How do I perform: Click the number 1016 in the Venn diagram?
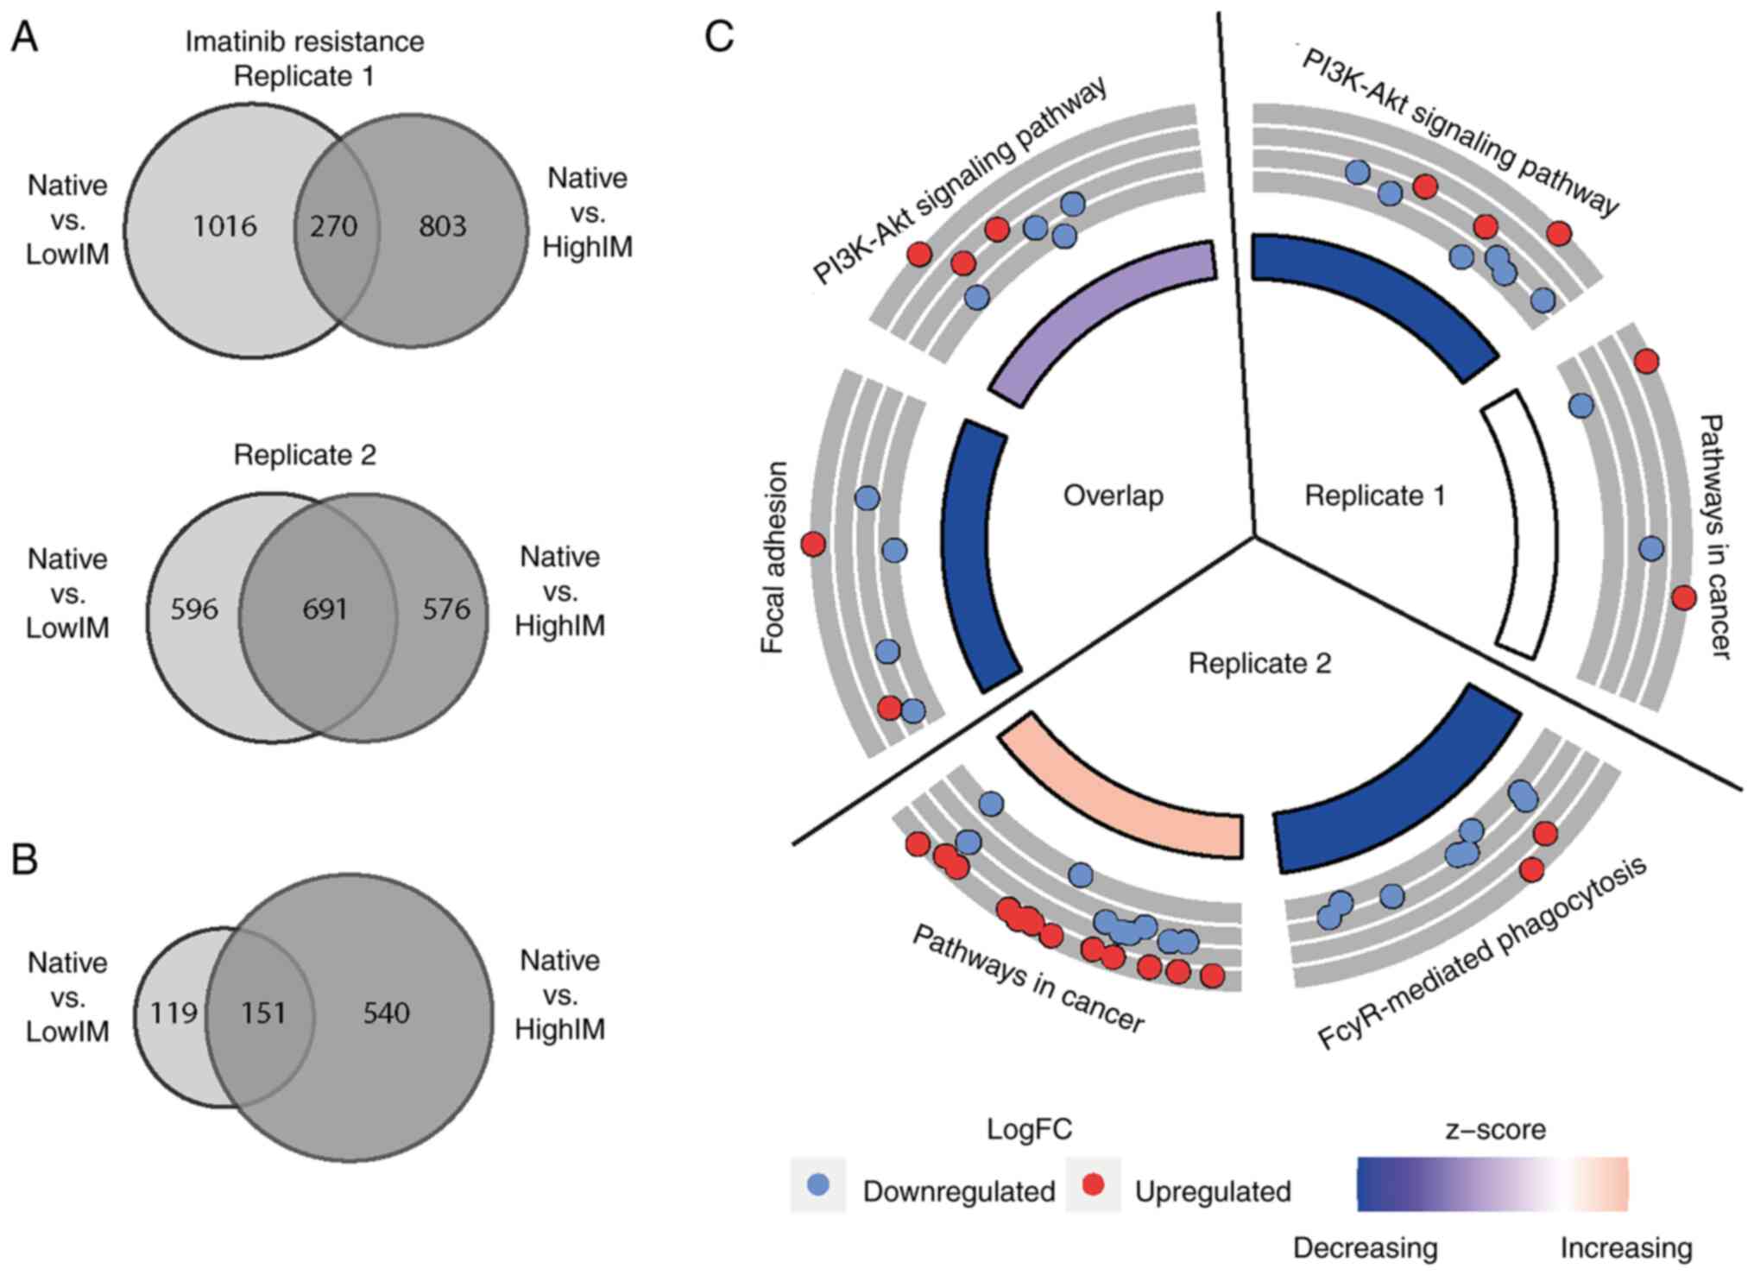224,226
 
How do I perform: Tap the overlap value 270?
334,226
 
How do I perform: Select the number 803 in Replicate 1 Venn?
443,226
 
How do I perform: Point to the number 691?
325,609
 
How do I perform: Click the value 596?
193,609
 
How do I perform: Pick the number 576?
446,609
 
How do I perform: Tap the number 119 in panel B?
174,1013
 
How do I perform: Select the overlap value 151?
263,1013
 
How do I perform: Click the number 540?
386,1013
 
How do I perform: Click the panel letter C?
719,36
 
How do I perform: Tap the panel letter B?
24,860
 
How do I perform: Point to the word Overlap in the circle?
1113,495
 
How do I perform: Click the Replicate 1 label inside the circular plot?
1374,495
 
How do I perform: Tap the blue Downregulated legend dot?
817,1184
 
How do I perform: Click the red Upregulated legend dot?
1093,1184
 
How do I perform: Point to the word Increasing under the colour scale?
1625,1248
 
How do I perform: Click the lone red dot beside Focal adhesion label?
813,544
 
